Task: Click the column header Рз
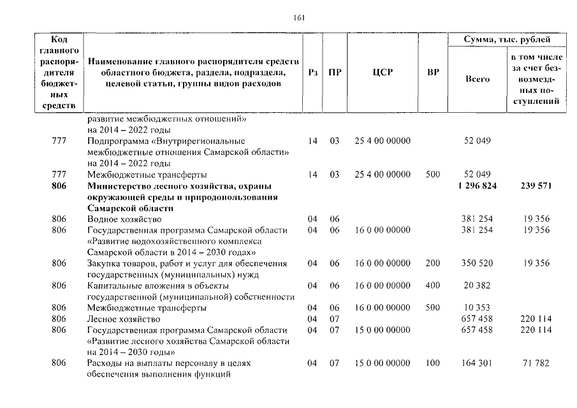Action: tap(312, 73)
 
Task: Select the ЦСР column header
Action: tap(382, 73)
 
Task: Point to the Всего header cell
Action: tap(478, 79)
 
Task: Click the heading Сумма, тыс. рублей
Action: tap(507, 40)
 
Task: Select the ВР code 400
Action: tap(433, 286)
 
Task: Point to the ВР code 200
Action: tap(433, 263)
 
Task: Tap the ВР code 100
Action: tap(433, 363)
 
